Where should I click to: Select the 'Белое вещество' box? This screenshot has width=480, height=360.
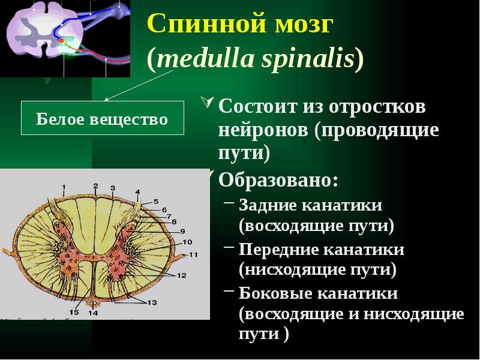coord(102,118)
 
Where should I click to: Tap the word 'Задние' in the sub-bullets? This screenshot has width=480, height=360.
coord(268,205)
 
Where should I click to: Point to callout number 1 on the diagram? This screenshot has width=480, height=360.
coord(64,185)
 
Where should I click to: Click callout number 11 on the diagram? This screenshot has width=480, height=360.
coord(193,255)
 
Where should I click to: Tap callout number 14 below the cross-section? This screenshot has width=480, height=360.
coord(93,313)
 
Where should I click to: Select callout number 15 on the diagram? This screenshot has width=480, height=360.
coord(74,312)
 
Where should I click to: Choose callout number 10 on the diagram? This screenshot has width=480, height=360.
coord(187,242)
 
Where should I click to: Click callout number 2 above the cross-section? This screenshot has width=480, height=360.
coord(95,185)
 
